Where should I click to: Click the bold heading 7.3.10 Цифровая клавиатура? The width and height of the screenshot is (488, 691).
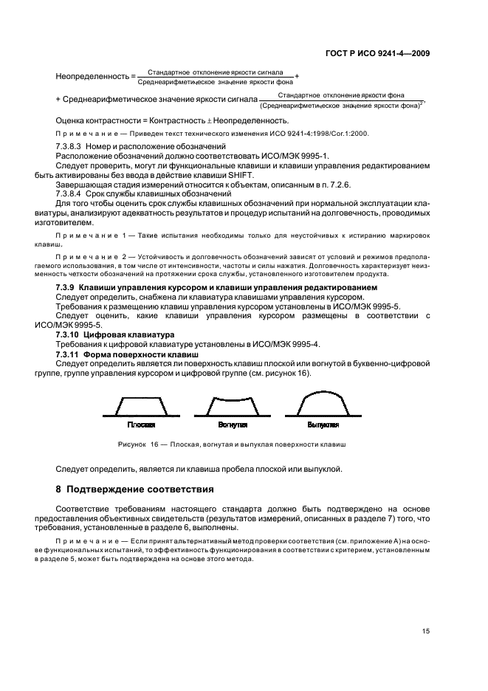click(103, 334)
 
